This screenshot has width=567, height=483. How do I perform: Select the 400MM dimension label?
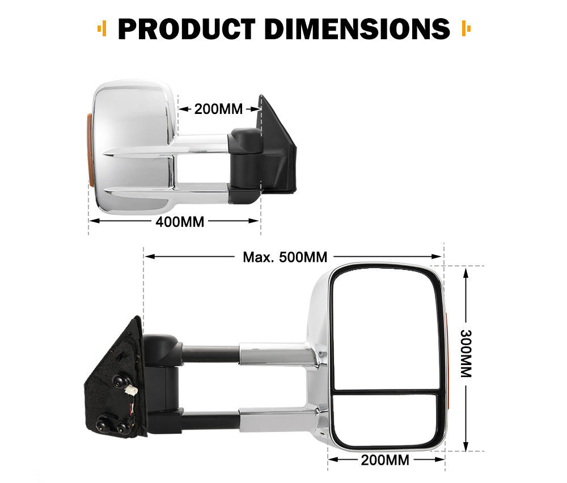click(x=180, y=222)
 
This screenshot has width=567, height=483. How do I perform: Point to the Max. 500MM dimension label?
click(x=285, y=257)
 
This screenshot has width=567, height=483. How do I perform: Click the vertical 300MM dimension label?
click(x=466, y=354)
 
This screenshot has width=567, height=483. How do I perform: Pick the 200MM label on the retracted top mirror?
click(x=218, y=109)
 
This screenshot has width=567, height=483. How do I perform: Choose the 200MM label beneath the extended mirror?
click(x=385, y=460)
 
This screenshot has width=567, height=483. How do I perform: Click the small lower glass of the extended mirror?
click(x=385, y=418)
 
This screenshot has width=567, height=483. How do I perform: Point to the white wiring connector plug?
click(x=130, y=391)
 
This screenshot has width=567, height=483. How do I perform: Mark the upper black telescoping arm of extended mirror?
click(x=210, y=354)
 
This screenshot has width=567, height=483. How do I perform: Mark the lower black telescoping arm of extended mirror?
click(x=210, y=420)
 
